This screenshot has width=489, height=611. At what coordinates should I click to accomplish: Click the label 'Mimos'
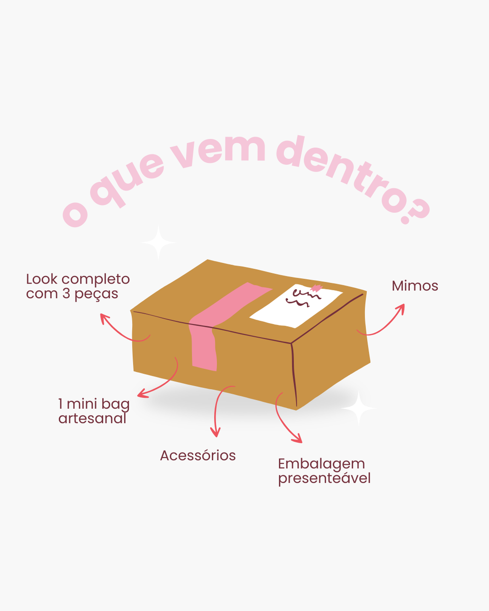coord(415,286)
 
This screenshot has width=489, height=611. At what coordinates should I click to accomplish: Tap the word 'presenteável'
coord(324,479)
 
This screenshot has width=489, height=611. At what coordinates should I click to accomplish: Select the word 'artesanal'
coord(92,419)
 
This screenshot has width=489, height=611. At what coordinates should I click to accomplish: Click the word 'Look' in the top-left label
coord(42,279)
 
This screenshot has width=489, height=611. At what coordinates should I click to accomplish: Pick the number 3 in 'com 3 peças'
coord(66,294)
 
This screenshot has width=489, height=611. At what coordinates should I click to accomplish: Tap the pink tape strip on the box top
coord(231,303)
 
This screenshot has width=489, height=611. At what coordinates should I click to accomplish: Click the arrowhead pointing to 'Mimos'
coord(401,307)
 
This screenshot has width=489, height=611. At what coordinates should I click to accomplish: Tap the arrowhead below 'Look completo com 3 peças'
coord(104,318)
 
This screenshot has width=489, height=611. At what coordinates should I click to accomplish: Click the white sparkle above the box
coord(159,242)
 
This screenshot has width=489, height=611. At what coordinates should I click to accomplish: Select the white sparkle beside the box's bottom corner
coord(359,408)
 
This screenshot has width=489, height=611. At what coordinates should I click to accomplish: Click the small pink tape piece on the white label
coord(317,288)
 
